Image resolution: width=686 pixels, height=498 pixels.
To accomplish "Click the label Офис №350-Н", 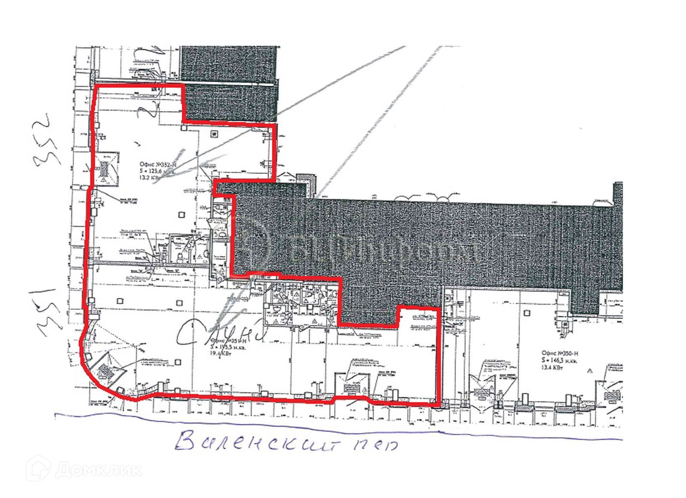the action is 560,354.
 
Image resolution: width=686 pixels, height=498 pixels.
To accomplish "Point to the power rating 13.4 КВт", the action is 552,367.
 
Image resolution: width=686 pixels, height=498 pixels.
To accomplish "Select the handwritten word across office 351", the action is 219,332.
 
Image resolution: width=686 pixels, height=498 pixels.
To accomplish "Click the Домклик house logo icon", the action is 38,469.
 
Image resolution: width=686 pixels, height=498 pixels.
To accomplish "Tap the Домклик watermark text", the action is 99,470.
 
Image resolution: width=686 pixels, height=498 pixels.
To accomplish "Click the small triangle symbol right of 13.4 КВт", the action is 590,369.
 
